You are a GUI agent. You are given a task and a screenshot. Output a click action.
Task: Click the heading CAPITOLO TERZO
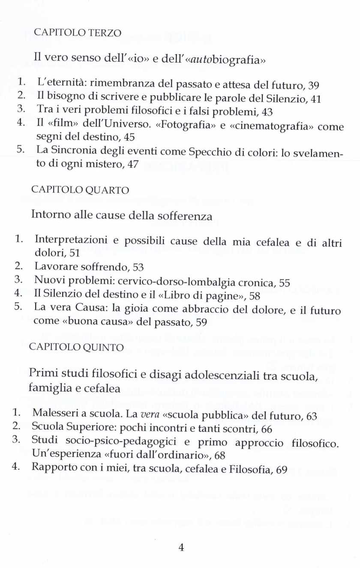[78, 33]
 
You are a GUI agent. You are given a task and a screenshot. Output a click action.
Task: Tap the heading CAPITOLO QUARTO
[80, 190]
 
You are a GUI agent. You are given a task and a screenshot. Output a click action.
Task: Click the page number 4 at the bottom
[181, 547]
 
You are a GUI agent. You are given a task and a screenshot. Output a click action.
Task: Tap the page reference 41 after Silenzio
[315, 99]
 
